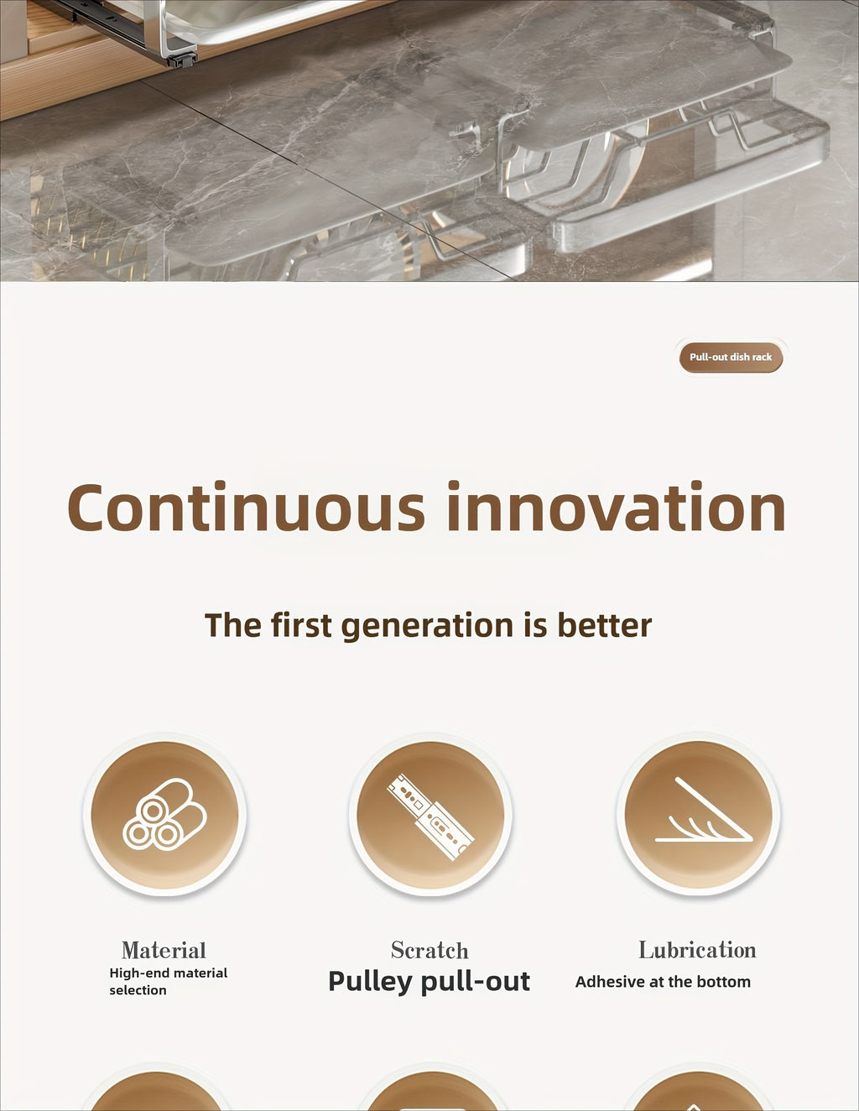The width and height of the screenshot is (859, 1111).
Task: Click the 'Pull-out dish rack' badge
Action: click(731, 357)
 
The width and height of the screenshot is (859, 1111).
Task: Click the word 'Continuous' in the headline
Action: click(246, 506)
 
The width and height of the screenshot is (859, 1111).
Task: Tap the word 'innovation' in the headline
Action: click(617, 506)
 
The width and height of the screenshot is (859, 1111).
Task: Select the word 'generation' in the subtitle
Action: click(427, 626)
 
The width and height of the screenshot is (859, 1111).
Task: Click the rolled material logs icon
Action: click(164, 815)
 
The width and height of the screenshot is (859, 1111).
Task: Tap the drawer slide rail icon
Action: click(430, 817)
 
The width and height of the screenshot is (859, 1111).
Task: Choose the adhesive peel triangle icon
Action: click(704, 810)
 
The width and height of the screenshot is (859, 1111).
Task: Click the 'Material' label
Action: click(164, 951)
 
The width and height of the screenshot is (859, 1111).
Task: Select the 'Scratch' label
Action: click(429, 950)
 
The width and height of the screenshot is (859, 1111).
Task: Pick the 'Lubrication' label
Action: click(698, 949)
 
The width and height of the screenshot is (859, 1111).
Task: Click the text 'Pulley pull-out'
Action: click(429, 982)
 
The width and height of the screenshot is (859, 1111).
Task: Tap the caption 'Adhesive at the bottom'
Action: click(663, 982)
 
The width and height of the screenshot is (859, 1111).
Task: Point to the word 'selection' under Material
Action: click(138, 990)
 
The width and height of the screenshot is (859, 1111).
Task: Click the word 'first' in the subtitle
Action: click(301, 625)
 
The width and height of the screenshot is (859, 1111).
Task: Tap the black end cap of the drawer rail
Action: click(182, 60)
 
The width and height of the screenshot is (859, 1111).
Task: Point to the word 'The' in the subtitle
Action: click(233, 625)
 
